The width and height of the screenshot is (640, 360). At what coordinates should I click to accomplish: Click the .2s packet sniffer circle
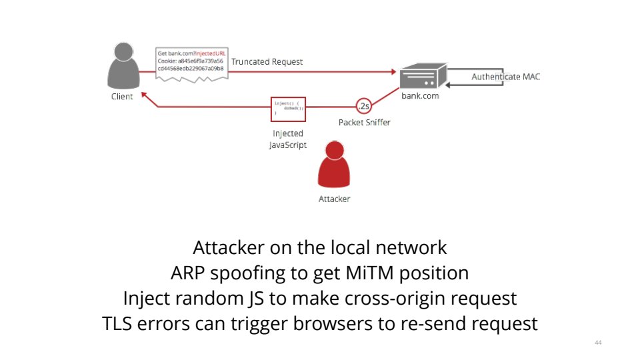[363, 107]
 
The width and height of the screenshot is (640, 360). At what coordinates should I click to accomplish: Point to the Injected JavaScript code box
[289, 109]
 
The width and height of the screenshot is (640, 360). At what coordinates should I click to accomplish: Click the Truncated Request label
[267, 62]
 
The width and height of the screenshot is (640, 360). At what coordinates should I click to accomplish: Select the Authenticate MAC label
[505, 77]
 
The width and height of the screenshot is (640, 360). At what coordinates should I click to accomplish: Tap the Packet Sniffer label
[364, 122]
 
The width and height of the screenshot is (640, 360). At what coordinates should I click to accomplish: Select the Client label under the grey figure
[122, 97]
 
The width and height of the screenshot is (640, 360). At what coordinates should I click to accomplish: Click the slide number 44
[597, 343]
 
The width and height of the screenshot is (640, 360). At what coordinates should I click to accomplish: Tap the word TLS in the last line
[117, 324]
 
